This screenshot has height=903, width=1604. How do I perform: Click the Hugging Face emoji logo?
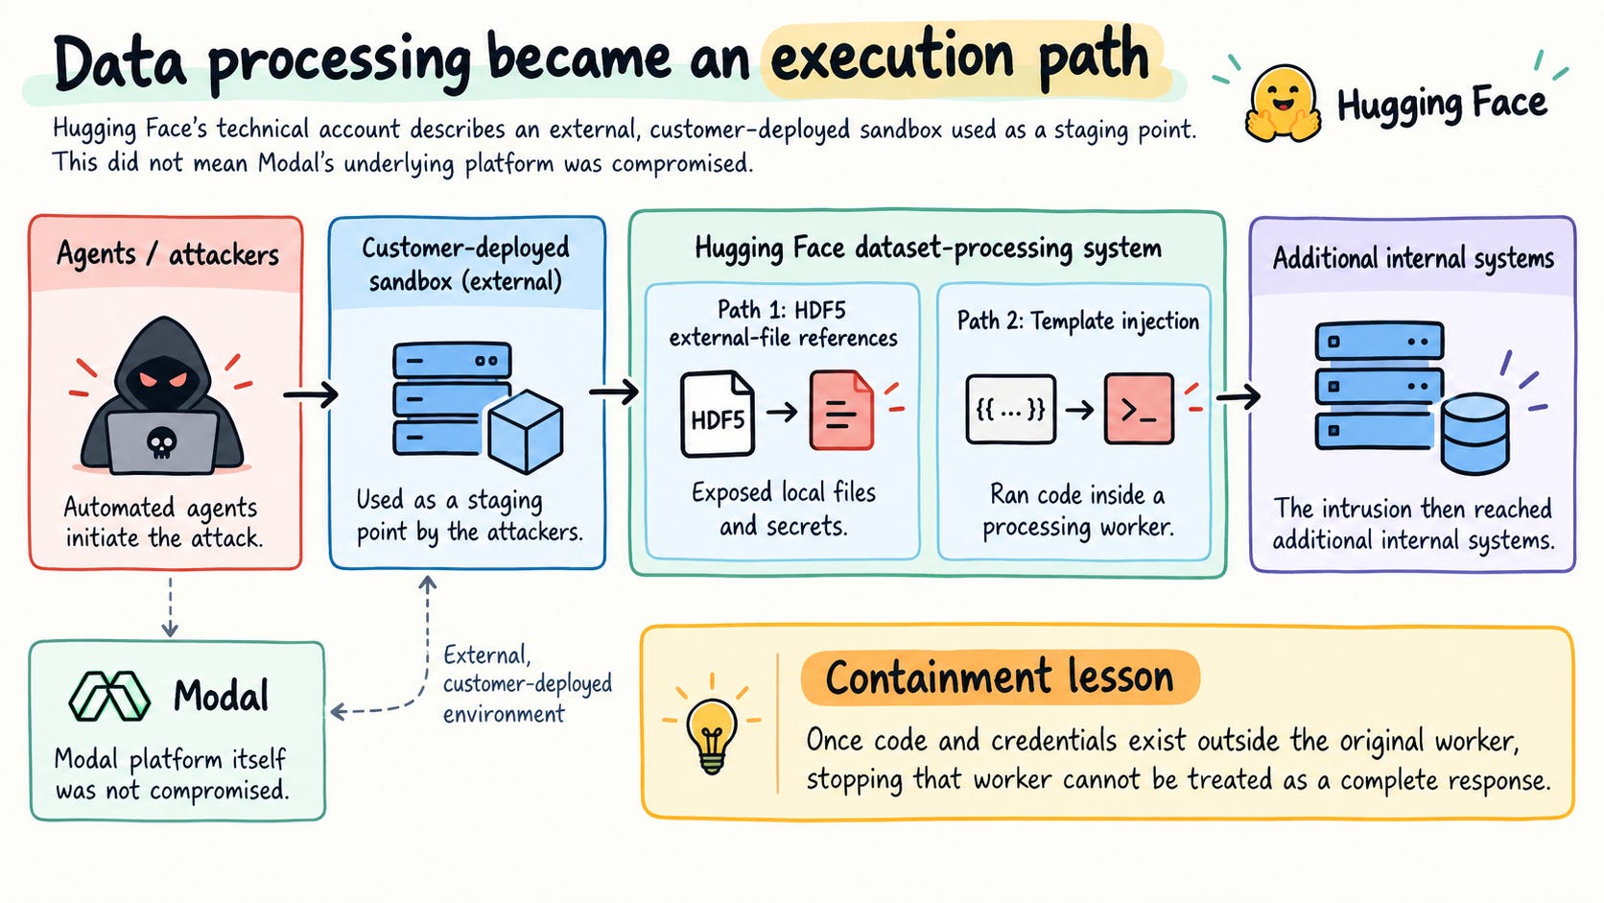click(1283, 104)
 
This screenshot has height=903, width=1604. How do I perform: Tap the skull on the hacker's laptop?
click(162, 443)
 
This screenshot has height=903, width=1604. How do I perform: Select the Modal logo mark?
click(109, 696)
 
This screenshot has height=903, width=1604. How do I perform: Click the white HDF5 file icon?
click(718, 414)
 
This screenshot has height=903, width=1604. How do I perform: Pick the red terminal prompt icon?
click(1139, 409)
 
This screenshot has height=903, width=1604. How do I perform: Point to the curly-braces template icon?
click(1010, 409)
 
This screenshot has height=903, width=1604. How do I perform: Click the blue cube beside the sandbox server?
click(525, 431)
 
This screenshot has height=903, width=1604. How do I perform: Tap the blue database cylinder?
click(1475, 434)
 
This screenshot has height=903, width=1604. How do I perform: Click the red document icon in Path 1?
click(841, 410)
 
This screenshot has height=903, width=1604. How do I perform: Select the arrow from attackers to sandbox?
click(310, 393)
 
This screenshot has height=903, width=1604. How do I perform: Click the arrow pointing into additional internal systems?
click(1238, 396)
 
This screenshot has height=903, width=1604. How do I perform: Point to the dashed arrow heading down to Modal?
click(170, 607)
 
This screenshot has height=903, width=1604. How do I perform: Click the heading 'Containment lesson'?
click(1000, 677)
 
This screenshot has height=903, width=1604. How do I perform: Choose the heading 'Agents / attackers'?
click(168, 254)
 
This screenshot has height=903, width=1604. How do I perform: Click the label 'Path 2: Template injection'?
click(1077, 321)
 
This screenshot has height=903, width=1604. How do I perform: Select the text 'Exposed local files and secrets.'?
click(784, 510)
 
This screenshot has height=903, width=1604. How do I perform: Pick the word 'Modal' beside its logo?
click(222, 696)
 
